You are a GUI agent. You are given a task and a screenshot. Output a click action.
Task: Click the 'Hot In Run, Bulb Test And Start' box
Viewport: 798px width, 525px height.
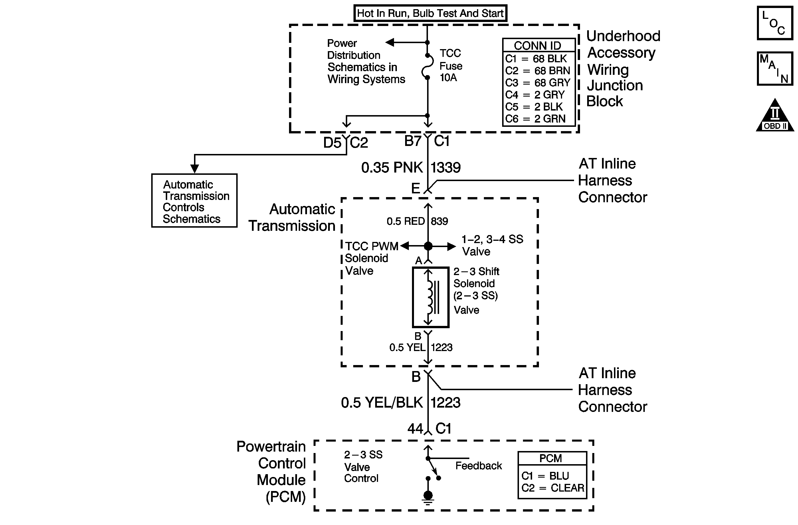[430, 13]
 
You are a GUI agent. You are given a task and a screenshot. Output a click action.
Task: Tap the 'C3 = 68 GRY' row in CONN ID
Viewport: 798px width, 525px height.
[538, 83]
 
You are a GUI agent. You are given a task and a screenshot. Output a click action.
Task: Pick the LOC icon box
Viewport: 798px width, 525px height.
[775, 23]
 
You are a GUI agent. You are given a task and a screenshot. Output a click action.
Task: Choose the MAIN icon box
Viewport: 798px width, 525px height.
[775, 69]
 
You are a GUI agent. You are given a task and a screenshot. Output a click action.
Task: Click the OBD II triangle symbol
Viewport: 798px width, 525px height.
[775, 115]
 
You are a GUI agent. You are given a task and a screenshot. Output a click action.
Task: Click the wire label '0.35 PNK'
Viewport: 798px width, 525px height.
[392, 167]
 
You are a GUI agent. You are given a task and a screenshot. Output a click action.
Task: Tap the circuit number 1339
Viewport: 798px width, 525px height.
[446, 167]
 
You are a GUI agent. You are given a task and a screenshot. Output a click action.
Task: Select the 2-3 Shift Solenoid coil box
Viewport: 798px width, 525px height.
[431, 297]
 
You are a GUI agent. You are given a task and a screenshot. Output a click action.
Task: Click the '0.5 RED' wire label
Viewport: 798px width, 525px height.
[406, 221]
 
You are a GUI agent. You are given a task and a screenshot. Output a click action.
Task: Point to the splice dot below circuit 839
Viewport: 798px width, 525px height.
[428, 246]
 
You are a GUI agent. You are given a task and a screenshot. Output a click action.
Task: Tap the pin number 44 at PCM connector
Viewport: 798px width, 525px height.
[415, 429]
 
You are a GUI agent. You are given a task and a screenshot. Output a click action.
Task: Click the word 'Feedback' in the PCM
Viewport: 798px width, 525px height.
[478, 466]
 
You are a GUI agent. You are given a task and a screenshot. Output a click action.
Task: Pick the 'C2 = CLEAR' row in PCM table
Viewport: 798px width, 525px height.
[553, 488]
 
